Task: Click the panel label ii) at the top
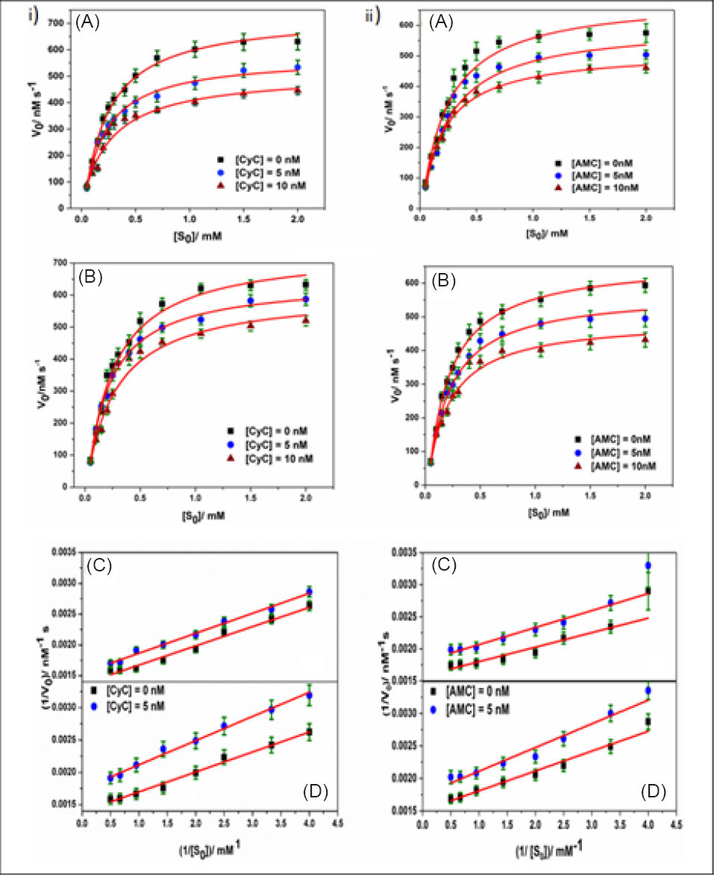(x=379, y=15)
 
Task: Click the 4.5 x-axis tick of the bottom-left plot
(x=337, y=819)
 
